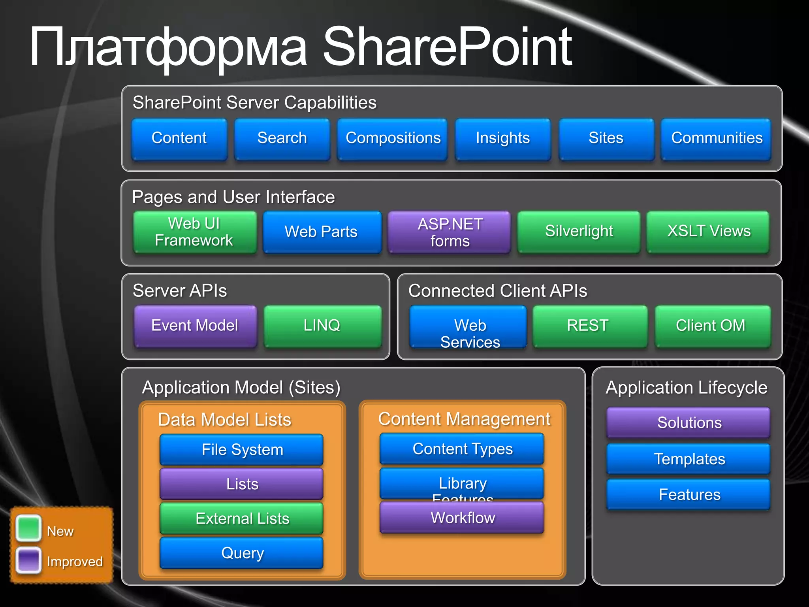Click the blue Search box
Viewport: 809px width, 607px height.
282,139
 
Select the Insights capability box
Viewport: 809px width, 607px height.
502,139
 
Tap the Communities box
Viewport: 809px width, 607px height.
716,139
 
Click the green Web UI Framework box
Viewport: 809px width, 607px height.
194,232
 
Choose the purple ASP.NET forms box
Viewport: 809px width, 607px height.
450,232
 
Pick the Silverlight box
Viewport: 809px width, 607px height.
579,232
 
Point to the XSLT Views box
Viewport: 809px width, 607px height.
708,232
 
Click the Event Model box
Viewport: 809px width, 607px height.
195,326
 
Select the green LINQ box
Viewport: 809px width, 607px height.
322,326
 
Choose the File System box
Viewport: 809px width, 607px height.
242,450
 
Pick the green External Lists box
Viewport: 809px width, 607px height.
242,518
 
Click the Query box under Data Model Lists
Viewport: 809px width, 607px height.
242,553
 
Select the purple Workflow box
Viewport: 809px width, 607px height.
462,518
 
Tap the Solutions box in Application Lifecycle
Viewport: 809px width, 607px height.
689,422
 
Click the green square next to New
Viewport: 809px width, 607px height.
28,529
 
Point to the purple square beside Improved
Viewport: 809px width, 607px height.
28,560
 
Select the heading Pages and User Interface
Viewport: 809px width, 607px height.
233,197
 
